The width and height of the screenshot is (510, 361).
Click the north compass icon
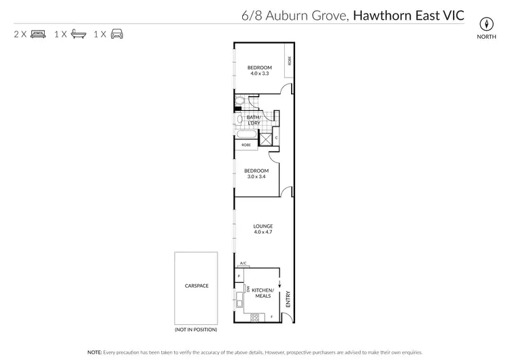486,21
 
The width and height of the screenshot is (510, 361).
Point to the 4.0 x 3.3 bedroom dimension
259,73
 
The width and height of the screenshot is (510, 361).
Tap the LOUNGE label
262,226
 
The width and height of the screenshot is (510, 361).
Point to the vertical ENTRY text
288,299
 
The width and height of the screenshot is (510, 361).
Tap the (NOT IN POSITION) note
196,330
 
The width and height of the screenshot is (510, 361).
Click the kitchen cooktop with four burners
256,317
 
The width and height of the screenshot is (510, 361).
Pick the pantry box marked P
239,275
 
